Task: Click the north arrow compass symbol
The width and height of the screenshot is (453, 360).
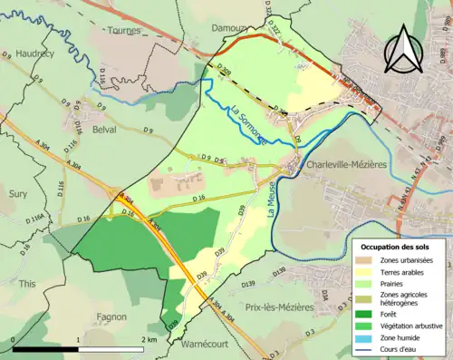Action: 401,49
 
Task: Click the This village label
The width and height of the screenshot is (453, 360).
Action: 27,284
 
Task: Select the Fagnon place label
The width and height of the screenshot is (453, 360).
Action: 111,317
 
